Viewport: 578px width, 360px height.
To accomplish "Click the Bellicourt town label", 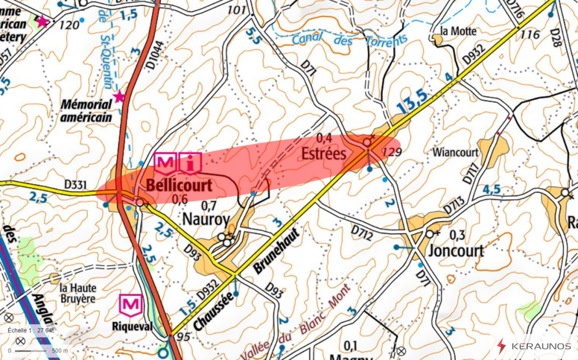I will (x=179, y=185).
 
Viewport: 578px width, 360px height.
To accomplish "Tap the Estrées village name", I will (x=324, y=153).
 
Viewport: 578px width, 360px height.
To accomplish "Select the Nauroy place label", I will (x=206, y=219).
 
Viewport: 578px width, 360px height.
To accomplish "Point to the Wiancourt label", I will (x=455, y=153).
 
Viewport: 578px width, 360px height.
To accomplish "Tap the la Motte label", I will (x=458, y=31).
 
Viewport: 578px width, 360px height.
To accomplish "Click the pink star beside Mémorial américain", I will (x=120, y=96).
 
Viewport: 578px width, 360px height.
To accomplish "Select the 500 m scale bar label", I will (x=60, y=350).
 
